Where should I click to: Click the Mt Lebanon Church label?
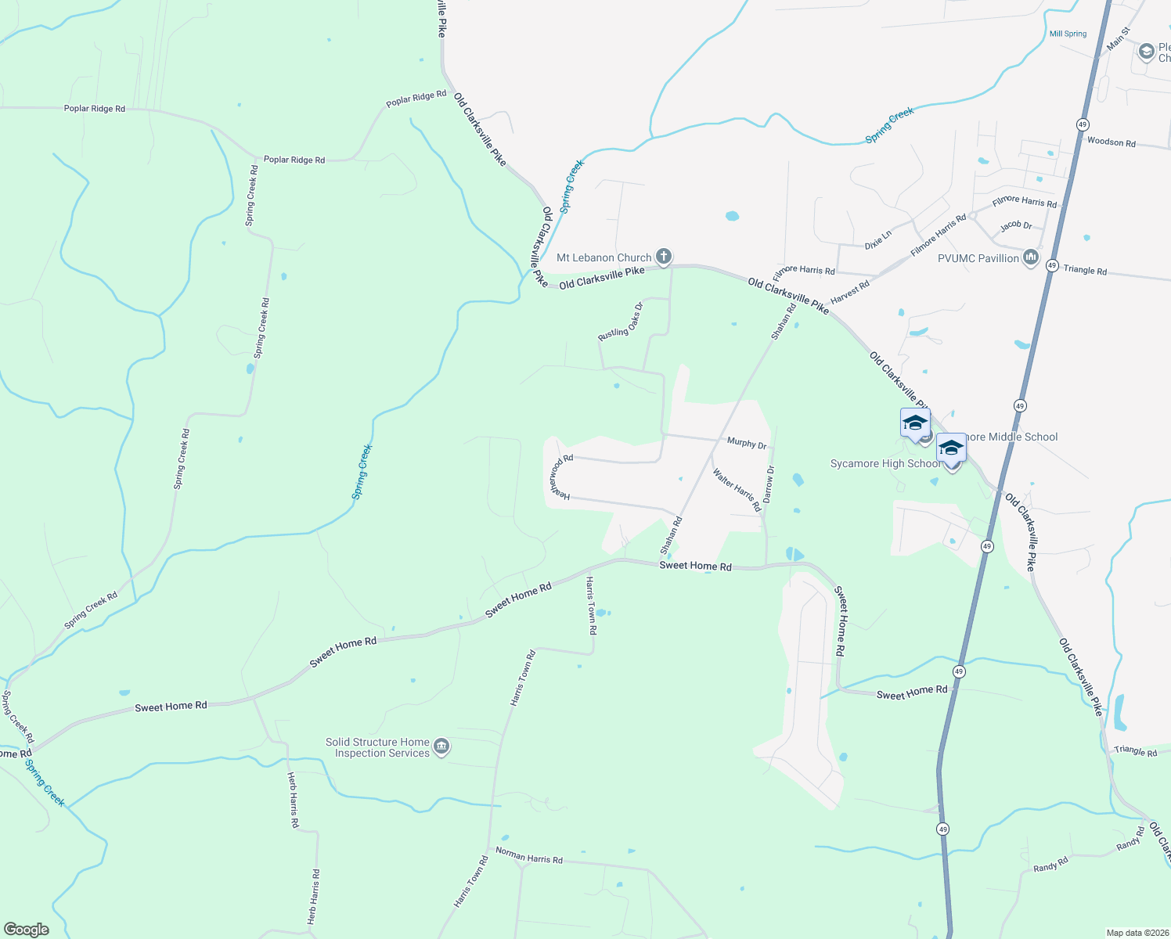point(604,257)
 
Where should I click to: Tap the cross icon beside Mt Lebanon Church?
point(664,256)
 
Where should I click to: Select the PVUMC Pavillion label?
point(978,258)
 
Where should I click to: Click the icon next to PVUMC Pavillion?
point(1030,257)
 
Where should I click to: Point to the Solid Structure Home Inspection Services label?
point(378,747)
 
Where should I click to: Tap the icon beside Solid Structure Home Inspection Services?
point(441,747)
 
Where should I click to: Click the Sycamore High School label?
point(885,464)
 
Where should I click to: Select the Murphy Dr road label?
point(747,444)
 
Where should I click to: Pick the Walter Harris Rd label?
point(737,490)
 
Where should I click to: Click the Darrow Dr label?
point(769,485)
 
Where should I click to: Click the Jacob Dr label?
point(1016,225)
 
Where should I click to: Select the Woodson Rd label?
point(1111,142)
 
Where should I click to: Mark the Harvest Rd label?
point(849,293)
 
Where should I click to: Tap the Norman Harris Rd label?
point(529,857)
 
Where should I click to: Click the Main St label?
point(1119,39)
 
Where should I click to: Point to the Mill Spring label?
point(1068,34)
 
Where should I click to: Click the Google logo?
point(27,929)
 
